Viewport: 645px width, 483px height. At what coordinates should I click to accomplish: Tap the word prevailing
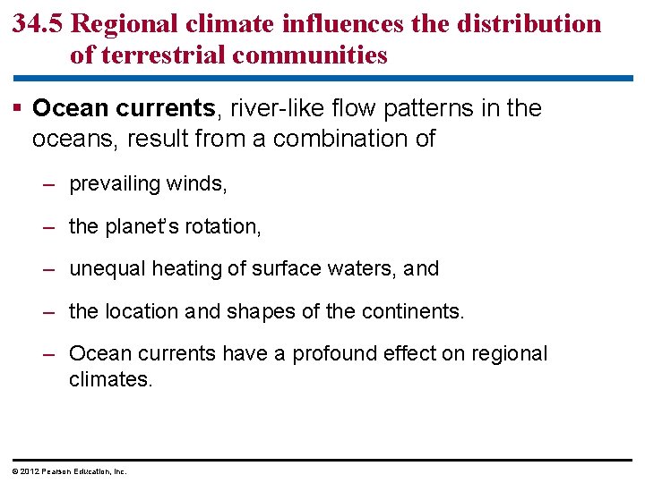(113, 184)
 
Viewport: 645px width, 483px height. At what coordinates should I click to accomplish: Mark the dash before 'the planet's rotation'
(50, 226)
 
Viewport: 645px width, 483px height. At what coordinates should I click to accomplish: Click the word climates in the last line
(111, 379)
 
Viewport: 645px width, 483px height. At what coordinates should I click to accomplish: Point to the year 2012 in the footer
(28, 471)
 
